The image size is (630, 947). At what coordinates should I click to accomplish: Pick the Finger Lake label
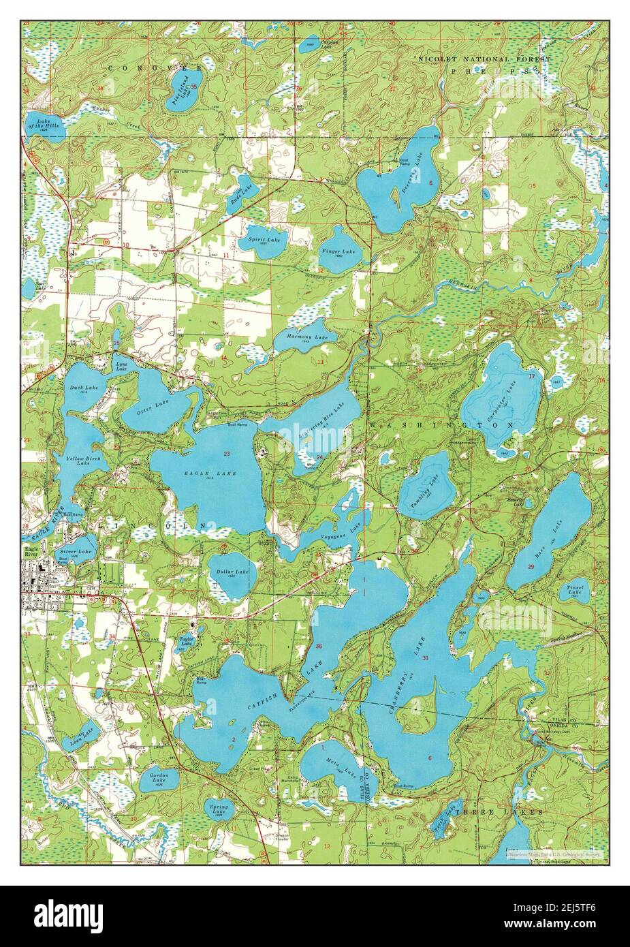click(338, 252)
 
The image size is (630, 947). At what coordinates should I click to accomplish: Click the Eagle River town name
click(32, 550)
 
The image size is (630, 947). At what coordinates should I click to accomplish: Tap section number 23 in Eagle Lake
click(226, 454)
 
